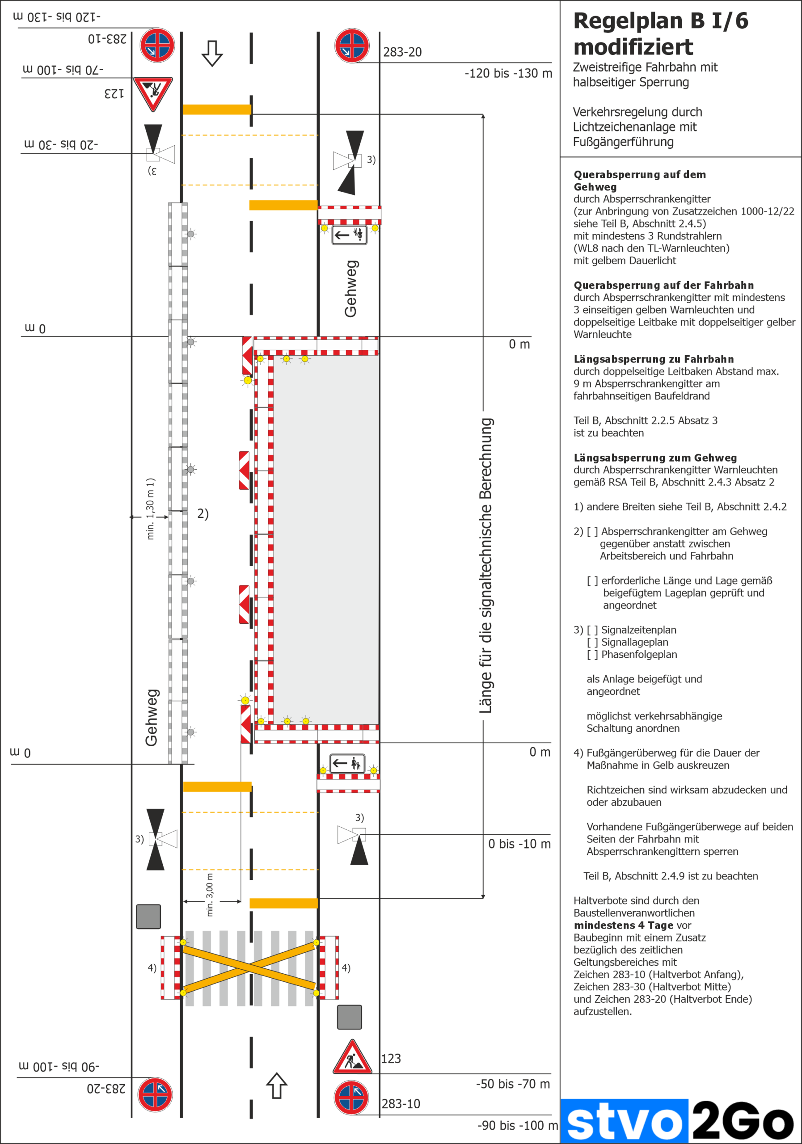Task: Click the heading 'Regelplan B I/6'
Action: pyautogui.click(x=660, y=21)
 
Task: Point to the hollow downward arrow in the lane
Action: pyautogui.click(x=212, y=53)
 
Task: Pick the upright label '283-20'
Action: pyautogui.click(x=402, y=52)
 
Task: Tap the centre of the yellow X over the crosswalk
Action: pyautogui.click(x=249, y=967)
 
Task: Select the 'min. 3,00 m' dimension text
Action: pyautogui.click(x=210, y=895)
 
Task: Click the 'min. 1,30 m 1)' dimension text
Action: pyautogui.click(x=151, y=509)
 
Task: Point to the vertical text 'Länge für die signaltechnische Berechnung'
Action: pyautogui.click(x=486, y=566)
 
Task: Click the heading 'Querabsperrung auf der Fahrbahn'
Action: pyautogui.click(x=663, y=286)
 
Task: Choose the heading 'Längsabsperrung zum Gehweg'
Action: pyautogui.click(x=655, y=458)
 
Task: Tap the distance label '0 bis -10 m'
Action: pyautogui.click(x=519, y=844)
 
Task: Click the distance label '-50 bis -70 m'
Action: pyautogui.click(x=513, y=1084)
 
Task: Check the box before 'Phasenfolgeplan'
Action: pyautogui.click(x=592, y=655)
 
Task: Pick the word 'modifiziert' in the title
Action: pyautogui.click(x=633, y=47)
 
